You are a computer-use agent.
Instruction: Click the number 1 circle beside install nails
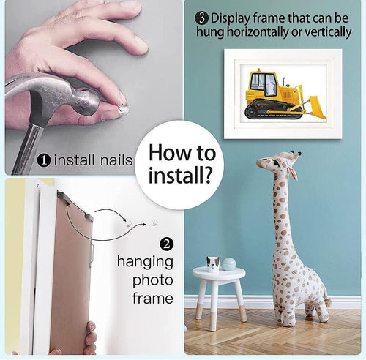44,160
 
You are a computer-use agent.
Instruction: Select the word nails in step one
116,160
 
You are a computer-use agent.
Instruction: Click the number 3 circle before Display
201,18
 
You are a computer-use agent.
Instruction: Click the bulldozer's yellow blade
316,108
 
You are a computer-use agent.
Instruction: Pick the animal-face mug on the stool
213,264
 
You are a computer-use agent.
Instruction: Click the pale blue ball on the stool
229,264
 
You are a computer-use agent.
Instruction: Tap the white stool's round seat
219,274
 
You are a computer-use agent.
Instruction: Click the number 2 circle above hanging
166,244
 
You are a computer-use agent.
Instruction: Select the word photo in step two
153,280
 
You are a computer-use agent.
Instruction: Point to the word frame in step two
153,298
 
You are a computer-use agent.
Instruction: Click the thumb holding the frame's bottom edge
91,328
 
